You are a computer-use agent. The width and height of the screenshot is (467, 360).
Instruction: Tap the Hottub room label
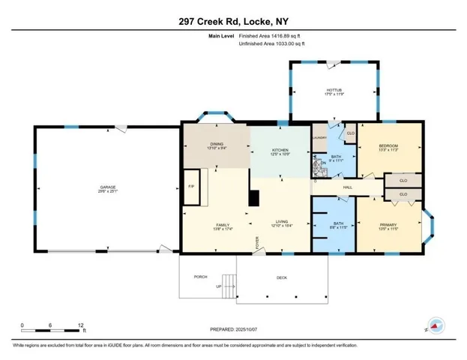(x=333, y=91)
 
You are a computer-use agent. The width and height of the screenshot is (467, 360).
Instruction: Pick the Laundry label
(x=319, y=137)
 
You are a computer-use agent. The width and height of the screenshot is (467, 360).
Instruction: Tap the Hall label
(x=347, y=187)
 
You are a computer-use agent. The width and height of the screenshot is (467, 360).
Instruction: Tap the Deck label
(x=282, y=278)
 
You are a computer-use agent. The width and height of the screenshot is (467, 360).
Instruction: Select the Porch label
(x=200, y=277)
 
